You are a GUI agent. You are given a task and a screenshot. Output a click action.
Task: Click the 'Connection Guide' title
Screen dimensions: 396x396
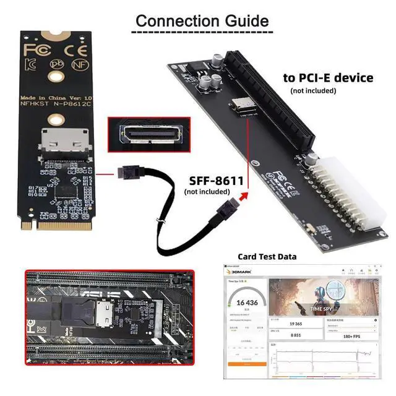pos(202,20)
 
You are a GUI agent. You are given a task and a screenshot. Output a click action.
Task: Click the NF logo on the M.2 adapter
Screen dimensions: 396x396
pos(78,62)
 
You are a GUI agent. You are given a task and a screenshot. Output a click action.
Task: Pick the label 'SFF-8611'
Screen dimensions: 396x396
pos(213,180)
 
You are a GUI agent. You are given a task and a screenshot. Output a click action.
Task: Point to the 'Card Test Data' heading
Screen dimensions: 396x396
pos(267,256)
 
